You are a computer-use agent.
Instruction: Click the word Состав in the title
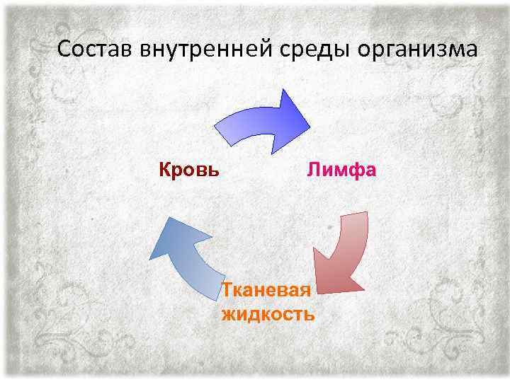click(x=96, y=50)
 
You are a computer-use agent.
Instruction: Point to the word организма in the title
click(x=418, y=51)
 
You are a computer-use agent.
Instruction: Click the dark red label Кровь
click(x=188, y=170)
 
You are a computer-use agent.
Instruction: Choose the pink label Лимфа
click(x=341, y=170)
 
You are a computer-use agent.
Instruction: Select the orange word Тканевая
click(x=266, y=291)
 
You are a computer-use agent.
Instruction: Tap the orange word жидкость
click(x=268, y=313)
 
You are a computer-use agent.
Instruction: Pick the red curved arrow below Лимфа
click(x=344, y=255)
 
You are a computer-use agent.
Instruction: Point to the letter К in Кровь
click(x=164, y=170)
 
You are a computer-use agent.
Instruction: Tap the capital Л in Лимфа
click(x=313, y=170)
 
